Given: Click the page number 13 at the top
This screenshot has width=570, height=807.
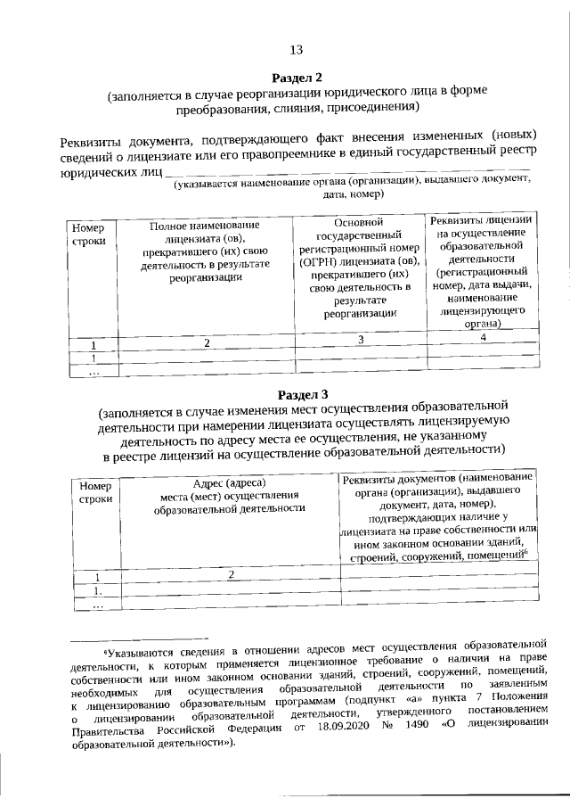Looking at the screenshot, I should [x=297, y=49].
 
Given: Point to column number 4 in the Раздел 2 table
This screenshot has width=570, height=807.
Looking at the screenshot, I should [x=482, y=338].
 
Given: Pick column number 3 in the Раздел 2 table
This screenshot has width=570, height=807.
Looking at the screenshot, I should [x=361, y=340].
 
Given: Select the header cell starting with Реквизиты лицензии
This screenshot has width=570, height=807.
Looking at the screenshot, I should [x=482, y=273].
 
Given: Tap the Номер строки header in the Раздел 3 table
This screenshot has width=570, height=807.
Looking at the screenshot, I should [x=95, y=493].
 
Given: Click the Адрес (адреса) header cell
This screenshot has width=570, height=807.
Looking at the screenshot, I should [x=230, y=496].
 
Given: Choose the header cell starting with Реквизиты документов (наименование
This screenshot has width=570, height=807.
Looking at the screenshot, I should [x=440, y=517].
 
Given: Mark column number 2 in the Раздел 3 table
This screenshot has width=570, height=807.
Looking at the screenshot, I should [x=230, y=575].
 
